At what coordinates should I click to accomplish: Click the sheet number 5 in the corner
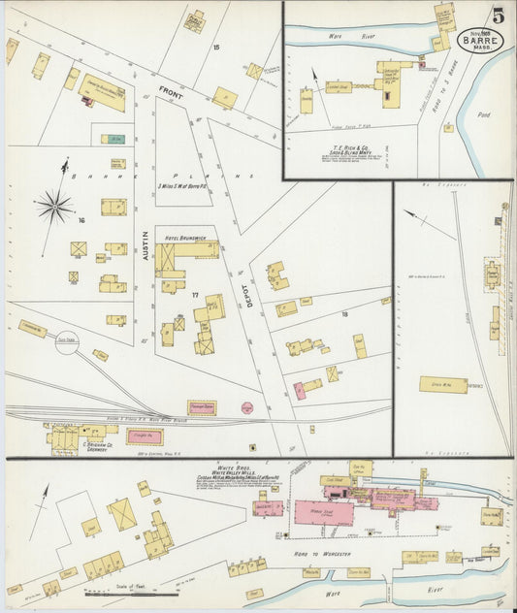[498, 16]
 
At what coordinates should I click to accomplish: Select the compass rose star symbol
[54, 206]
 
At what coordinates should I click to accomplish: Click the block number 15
[216, 47]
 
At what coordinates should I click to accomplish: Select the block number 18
[343, 314]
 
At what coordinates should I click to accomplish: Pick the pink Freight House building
[144, 437]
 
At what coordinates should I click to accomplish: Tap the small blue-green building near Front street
[116, 139]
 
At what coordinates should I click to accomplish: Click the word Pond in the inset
[483, 114]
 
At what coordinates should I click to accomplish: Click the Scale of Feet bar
[131, 591]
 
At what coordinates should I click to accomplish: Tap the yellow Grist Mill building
[443, 385]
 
